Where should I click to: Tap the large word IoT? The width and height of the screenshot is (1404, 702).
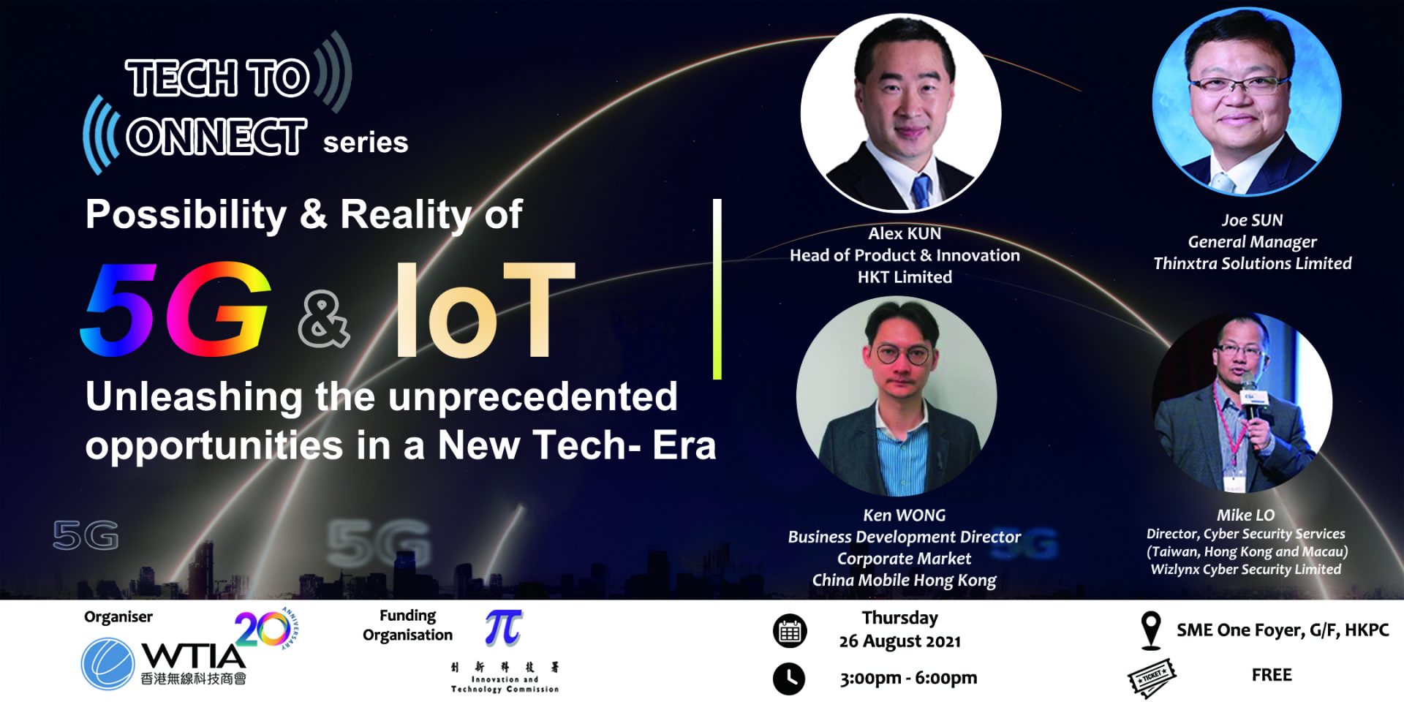pyautogui.click(x=484, y=309)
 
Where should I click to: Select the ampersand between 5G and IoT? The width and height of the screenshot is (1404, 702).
pyautogui.click(x=324, y=319)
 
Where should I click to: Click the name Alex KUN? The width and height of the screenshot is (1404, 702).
pyautogui.click(x=905, y=233)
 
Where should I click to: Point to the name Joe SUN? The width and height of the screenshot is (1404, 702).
pyautogui.click(x=1252, y=220)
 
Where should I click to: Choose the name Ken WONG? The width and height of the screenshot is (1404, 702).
pyautogui.click(x=905, y=516)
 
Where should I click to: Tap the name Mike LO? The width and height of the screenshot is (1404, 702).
pyautogui.click(x=1246, y=516)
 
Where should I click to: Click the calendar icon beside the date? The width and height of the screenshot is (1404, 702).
pyautogui.click(x=790, y=631)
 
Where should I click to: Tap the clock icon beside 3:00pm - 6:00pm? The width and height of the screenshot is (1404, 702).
pyautogui.click(x=789, y=679)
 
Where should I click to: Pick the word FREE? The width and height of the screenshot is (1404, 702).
pyautogui.click(x=1272, y=675)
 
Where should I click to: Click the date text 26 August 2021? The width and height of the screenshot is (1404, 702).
pyautogui.click(x=900, y=641)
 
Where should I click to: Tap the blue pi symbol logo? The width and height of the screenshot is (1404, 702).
pyautogui.click(x=504, y=627)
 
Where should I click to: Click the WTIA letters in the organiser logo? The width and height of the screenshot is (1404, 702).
pyautogui.click(x=193, y=655)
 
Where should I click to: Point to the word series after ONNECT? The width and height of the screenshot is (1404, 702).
pyautogui.click(x=366, y=142)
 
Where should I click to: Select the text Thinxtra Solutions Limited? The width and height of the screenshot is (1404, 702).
pyautogui.click(x=1253, y=263)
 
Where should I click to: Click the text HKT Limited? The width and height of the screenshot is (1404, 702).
pyautogui.click(x=905, y=277)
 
